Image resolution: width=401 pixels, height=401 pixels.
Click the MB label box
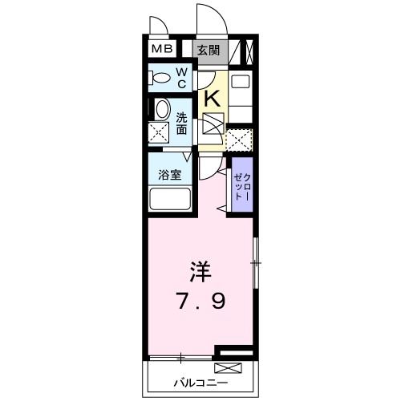pos(163,50)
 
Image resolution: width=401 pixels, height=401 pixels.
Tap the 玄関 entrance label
pos(209,50)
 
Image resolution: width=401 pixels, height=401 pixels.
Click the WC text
pos(181,78)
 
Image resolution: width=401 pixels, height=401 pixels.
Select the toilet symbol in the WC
pos(159,79)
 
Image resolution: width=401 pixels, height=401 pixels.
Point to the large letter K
pos(213,98)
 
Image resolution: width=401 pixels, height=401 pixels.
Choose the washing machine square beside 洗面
pos(159,132)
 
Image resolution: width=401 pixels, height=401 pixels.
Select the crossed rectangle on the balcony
pos(226,369)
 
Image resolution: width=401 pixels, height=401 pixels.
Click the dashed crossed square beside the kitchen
pos(238,139)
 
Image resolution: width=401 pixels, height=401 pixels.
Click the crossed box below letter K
pos(213,124)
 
